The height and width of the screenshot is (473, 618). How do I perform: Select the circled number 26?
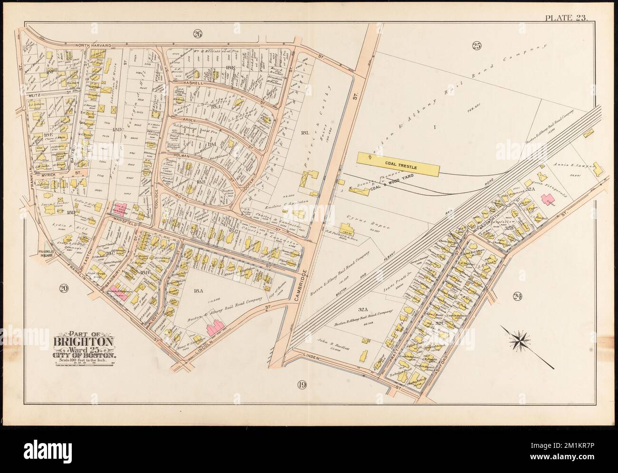pos(198,33)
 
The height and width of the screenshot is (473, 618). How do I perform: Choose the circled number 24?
pos(518,297)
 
